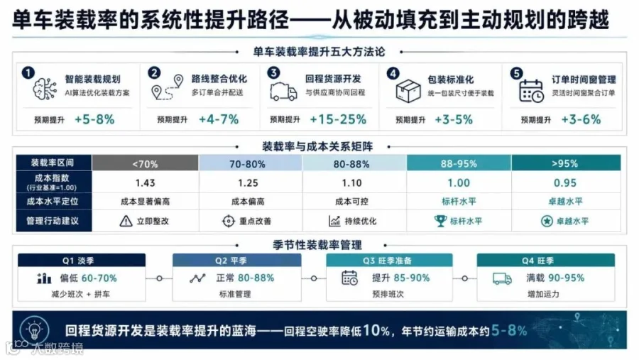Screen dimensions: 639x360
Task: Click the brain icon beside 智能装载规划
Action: tap(45, 89)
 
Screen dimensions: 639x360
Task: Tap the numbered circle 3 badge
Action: tap(273, 73)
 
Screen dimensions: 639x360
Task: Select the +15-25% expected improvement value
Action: tap(338, 119)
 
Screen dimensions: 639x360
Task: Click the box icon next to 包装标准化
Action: tap(408, 90)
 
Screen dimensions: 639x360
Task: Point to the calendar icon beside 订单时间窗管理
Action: tap(531, 90)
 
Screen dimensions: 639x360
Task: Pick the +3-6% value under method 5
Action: tap(581, 119)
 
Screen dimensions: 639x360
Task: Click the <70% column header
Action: tap(145, 163)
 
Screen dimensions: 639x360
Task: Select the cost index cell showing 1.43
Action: tap(145, 182)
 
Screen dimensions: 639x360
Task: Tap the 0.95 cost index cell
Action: tap(565, 182)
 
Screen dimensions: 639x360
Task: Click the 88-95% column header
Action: tap(459, 163)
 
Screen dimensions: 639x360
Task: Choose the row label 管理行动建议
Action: tap(53, 221)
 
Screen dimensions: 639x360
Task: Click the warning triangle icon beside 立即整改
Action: tap(126, 221)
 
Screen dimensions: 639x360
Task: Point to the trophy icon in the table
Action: tap(440, 221)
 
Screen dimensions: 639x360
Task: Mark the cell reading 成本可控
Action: tap(351, 202)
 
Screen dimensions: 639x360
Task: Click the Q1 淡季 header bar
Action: tap(82, 260)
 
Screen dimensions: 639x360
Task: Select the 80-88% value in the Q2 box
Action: tap(256, 278)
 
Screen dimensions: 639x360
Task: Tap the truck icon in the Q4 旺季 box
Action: tap(502, 279)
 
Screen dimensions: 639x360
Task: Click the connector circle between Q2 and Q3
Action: tap(313, 278)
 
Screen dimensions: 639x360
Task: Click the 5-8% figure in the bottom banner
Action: tap(509, 330)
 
